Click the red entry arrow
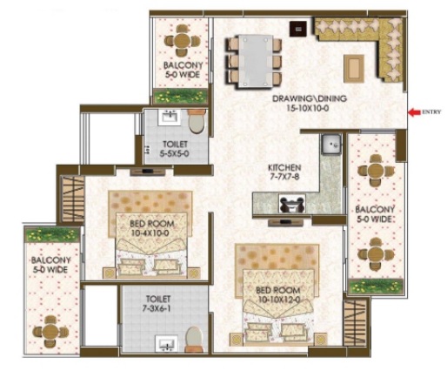tap(414, 112)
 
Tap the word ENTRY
tap(431, 112)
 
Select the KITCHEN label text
tap(284, 168)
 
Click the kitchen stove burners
tap(292, 204)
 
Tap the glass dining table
tap(256, 61)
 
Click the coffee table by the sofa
tap(354, 69)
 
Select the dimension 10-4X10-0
tap(150, 233)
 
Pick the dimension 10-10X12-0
tap(277, 300)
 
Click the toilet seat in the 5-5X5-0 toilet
tap(197, 121)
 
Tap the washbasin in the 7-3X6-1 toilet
tap(166, 344)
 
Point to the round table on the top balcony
tap(182, 41)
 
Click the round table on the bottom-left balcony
tap(50, 332)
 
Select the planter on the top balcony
tap(181, 96)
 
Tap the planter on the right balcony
tap(377, 287)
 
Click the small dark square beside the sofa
tap(298, 29)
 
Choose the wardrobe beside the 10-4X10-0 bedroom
tap(72, 199)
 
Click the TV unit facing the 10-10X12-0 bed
tap(286, 223)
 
